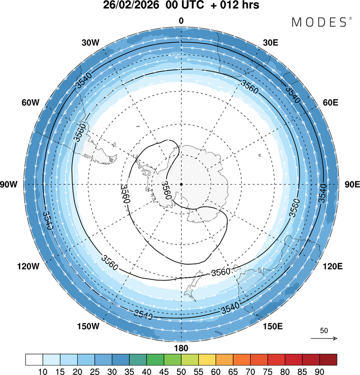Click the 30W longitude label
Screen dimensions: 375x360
coord(91,43)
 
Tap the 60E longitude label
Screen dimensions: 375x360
coord(331,103)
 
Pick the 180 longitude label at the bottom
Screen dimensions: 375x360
coord(181,348)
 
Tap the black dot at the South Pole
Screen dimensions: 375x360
coord(181,184)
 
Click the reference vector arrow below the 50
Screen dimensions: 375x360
coord(324,339)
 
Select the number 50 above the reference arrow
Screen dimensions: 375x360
coord(324,331)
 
